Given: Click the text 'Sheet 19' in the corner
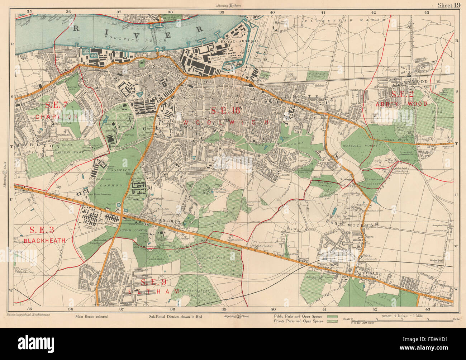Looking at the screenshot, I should [449, 5].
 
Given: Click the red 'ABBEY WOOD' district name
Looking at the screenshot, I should [401, 104].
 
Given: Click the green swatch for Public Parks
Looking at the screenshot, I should [333, 317].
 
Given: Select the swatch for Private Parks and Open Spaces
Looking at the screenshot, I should [333, 321].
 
